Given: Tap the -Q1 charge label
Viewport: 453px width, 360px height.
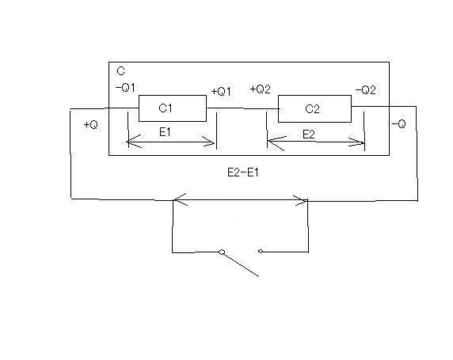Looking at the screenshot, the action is click(x=125, y=88).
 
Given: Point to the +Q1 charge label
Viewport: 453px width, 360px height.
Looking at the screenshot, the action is click(x=221, y=92).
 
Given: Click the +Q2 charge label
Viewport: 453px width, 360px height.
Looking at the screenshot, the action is click(x=261, y=89).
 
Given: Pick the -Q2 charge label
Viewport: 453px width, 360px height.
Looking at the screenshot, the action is click(x=366, y=90).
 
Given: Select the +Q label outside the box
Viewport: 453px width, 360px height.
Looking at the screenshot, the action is click(x=91, y=125).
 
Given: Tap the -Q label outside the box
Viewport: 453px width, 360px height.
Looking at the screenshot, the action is click(x=399, y=124).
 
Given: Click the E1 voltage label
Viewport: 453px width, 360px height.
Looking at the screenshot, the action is click(x=165, y=132).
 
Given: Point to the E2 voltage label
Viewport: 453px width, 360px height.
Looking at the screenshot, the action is click(x=309, y=135).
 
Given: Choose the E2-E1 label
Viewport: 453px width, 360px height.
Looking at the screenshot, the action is click(x=243, y=172).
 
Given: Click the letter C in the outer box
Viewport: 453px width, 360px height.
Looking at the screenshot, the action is click(x=120, y=71).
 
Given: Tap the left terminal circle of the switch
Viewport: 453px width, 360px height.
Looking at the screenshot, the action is click(x=222, y=252).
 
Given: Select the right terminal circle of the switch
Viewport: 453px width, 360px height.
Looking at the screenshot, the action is click(x=261, y=251).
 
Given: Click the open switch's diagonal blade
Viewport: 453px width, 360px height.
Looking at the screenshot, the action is click(x=241, y=264).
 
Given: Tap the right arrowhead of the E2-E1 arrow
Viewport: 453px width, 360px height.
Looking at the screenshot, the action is click(x=300, y=200).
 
